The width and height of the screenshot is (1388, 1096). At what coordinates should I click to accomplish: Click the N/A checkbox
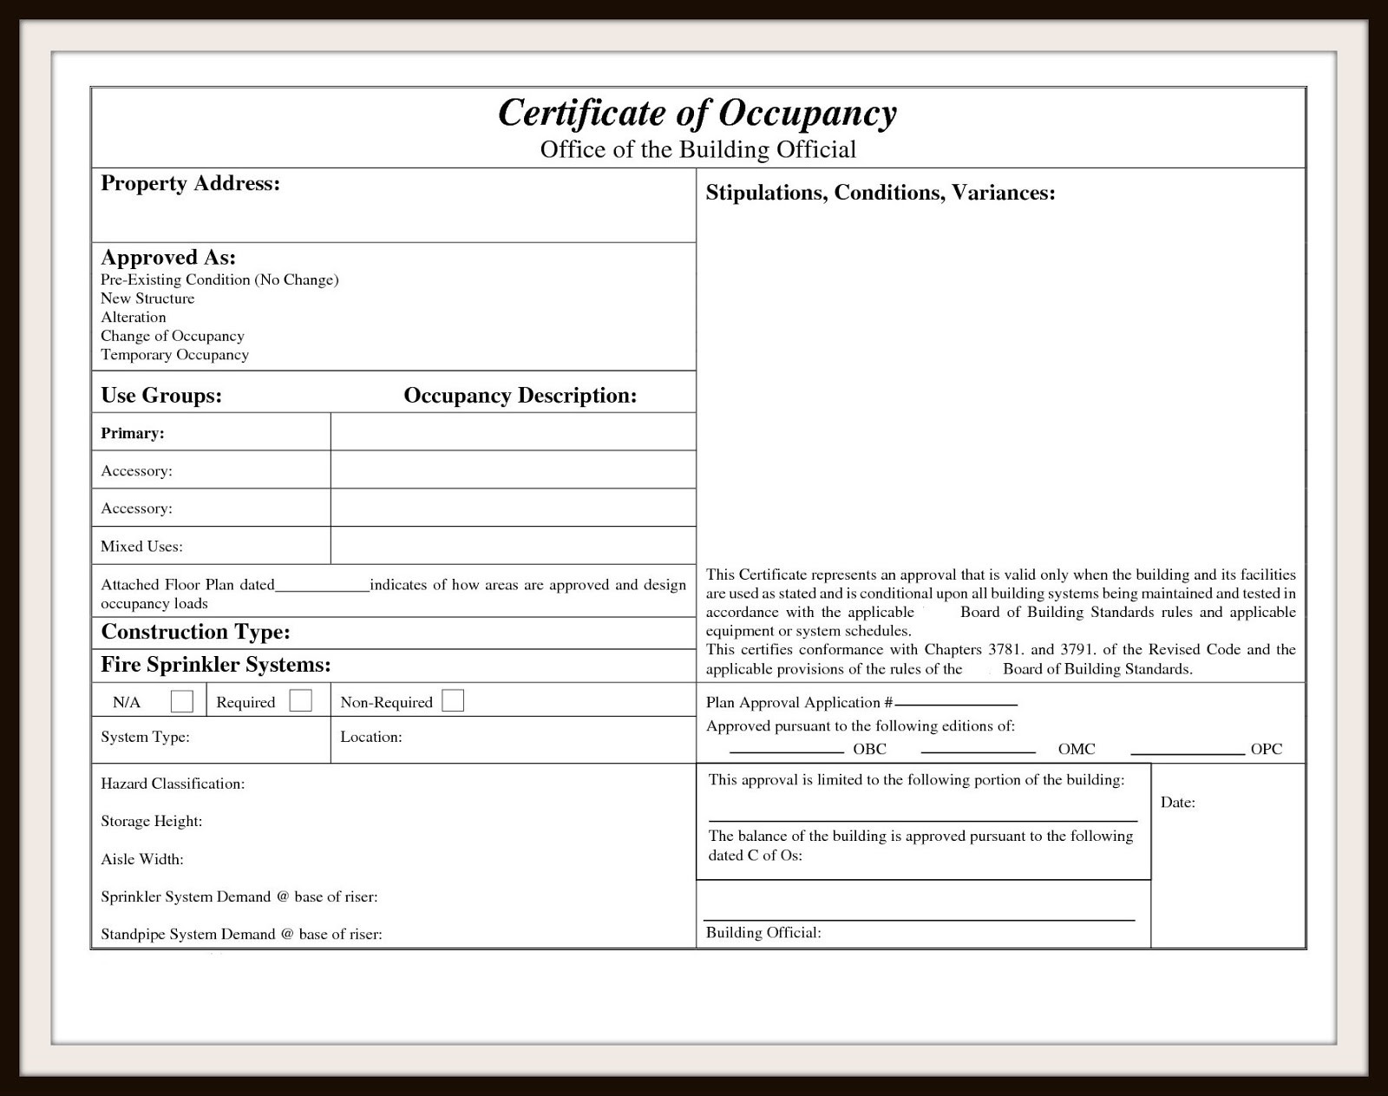182,701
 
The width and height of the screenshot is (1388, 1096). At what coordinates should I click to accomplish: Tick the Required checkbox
301,701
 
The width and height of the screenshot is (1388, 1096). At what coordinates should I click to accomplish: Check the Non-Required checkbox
453,701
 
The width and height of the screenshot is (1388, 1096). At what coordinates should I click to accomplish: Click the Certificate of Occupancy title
697,114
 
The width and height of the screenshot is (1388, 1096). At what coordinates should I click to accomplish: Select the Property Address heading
190,183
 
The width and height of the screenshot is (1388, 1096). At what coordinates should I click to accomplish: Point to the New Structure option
147,299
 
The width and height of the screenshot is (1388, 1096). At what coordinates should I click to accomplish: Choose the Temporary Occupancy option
174,355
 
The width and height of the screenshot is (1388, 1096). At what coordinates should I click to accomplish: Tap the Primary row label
132,433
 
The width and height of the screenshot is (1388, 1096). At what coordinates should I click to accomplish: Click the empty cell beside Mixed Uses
513,546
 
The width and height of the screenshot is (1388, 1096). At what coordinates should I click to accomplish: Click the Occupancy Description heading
520,396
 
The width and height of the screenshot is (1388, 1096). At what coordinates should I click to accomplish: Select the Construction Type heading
195,632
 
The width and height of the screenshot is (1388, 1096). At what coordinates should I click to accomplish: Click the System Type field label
145,737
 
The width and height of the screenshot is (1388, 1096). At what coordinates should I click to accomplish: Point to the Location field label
370,737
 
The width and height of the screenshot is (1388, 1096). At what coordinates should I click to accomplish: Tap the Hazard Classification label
173,784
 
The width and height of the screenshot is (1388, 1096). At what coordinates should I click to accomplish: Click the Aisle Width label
141,859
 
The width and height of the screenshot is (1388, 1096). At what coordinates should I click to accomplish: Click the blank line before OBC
786,749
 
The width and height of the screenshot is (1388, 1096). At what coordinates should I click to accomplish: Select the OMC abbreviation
1077,749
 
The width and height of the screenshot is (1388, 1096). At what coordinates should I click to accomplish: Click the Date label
1177,803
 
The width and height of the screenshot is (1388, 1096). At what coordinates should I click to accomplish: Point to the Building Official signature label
763,933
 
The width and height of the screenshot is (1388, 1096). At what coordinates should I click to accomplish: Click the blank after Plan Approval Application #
955,703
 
